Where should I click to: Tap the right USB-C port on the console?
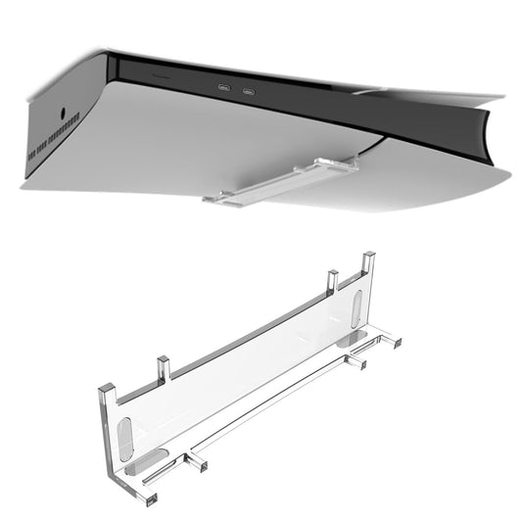[249, 93]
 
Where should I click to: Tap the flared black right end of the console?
[490, 131]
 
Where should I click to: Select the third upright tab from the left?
[334, 281]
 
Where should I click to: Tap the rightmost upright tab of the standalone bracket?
[368, 264]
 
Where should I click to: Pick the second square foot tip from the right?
[361, 365]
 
